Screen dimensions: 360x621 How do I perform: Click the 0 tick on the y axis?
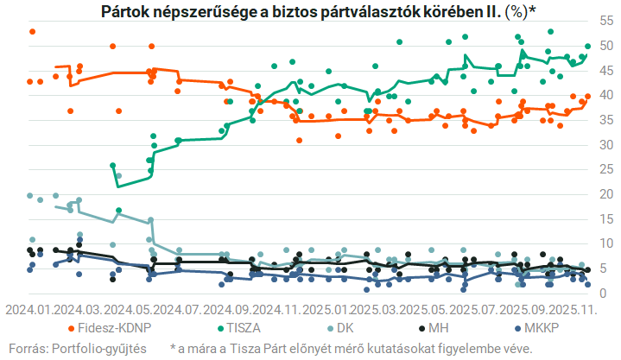pos(604,294)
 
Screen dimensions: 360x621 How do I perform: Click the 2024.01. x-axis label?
pos(29,309)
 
